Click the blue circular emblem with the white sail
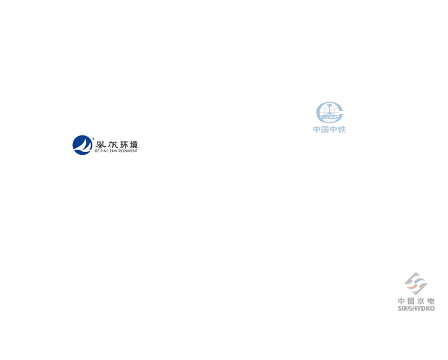click(83, 145)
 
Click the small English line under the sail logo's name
click(116, 151)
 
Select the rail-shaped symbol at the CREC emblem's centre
click(329, 116)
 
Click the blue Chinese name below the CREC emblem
click(329, 130)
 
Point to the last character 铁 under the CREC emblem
click(342, 130)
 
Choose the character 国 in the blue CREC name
click(323, 130)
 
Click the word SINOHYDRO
click(417, 307)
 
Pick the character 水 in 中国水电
click(421, 300)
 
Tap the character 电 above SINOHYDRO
click(431, 300)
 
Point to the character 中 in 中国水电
click(402, 300)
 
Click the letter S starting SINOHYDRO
click(400, 307)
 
